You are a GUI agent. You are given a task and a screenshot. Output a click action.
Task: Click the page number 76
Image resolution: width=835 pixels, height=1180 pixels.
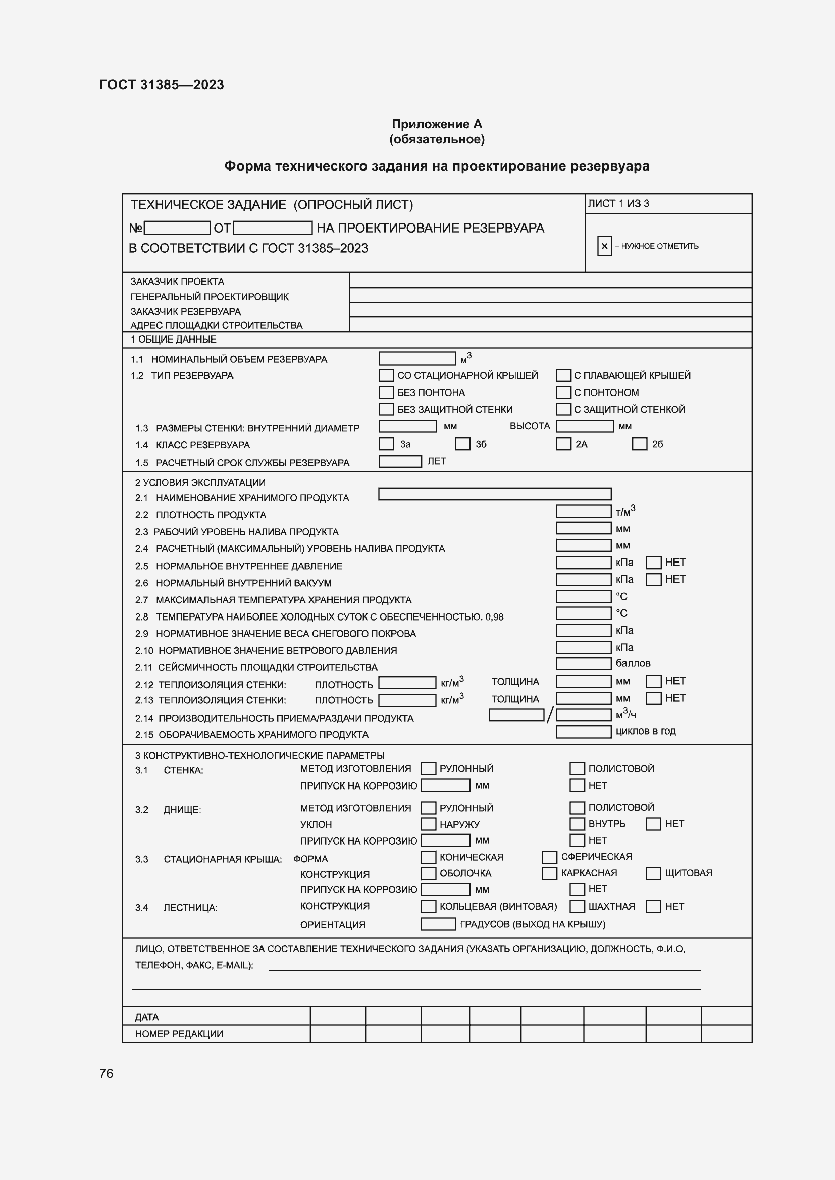pos(107,1073)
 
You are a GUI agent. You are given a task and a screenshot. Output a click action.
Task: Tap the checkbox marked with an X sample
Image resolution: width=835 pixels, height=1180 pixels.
pos(604,246)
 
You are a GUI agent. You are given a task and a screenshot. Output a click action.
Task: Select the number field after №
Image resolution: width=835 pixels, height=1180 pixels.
pos(177,228)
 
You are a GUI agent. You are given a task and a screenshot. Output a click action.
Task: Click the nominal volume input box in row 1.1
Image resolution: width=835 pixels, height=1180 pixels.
pos(417,358)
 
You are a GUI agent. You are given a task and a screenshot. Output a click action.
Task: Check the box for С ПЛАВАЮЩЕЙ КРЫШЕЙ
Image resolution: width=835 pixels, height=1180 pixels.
pos(563,375)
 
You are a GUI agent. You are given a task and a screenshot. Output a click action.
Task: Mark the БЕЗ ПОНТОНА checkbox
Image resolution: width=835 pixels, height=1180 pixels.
pos(386,392)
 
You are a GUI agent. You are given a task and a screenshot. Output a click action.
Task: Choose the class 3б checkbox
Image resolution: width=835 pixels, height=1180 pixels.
pos(462,443)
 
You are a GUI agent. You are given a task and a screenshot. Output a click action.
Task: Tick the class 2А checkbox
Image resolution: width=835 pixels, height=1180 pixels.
pos(563,443)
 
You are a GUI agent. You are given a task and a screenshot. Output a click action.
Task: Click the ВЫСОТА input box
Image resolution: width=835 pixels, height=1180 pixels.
pos(585,426)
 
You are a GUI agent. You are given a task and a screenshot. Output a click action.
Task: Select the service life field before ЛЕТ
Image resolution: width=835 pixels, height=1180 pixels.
pos(400,461)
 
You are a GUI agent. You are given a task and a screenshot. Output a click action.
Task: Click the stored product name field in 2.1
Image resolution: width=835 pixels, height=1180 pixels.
pos(495,494)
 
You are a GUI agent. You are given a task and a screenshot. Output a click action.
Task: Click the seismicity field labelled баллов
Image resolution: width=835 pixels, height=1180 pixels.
pos(584,663)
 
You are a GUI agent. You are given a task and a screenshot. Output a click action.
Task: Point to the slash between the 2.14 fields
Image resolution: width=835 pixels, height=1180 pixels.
pos(550,715)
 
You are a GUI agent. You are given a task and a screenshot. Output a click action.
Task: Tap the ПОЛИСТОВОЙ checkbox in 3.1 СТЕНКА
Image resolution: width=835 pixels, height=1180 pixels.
pos(577,768)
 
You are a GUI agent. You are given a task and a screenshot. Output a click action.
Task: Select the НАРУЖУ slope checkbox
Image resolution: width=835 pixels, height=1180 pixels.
pos(428,824)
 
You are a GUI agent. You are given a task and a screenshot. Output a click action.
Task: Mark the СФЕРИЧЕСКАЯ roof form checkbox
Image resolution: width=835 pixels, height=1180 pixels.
pos(549,857)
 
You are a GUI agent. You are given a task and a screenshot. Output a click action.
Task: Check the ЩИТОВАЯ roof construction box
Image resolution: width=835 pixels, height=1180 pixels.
pos(653,873)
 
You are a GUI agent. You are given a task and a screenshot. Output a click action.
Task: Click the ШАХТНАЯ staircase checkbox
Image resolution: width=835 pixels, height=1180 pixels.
pos(577,906)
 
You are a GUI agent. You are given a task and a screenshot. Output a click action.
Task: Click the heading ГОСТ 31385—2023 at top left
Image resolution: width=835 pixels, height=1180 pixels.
pos(162,85)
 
